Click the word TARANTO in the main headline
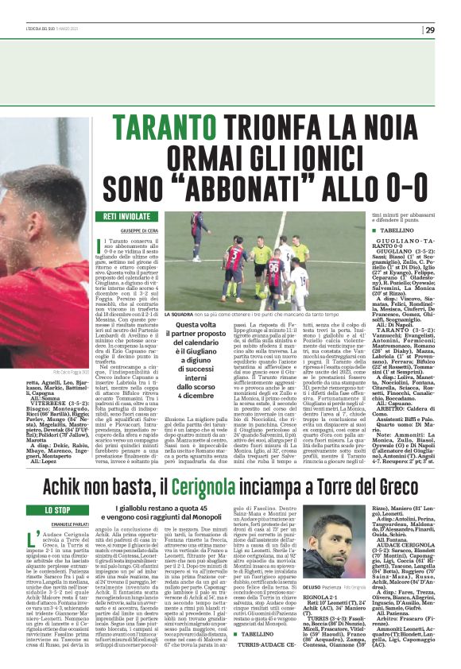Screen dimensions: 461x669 tap(172, 127)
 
